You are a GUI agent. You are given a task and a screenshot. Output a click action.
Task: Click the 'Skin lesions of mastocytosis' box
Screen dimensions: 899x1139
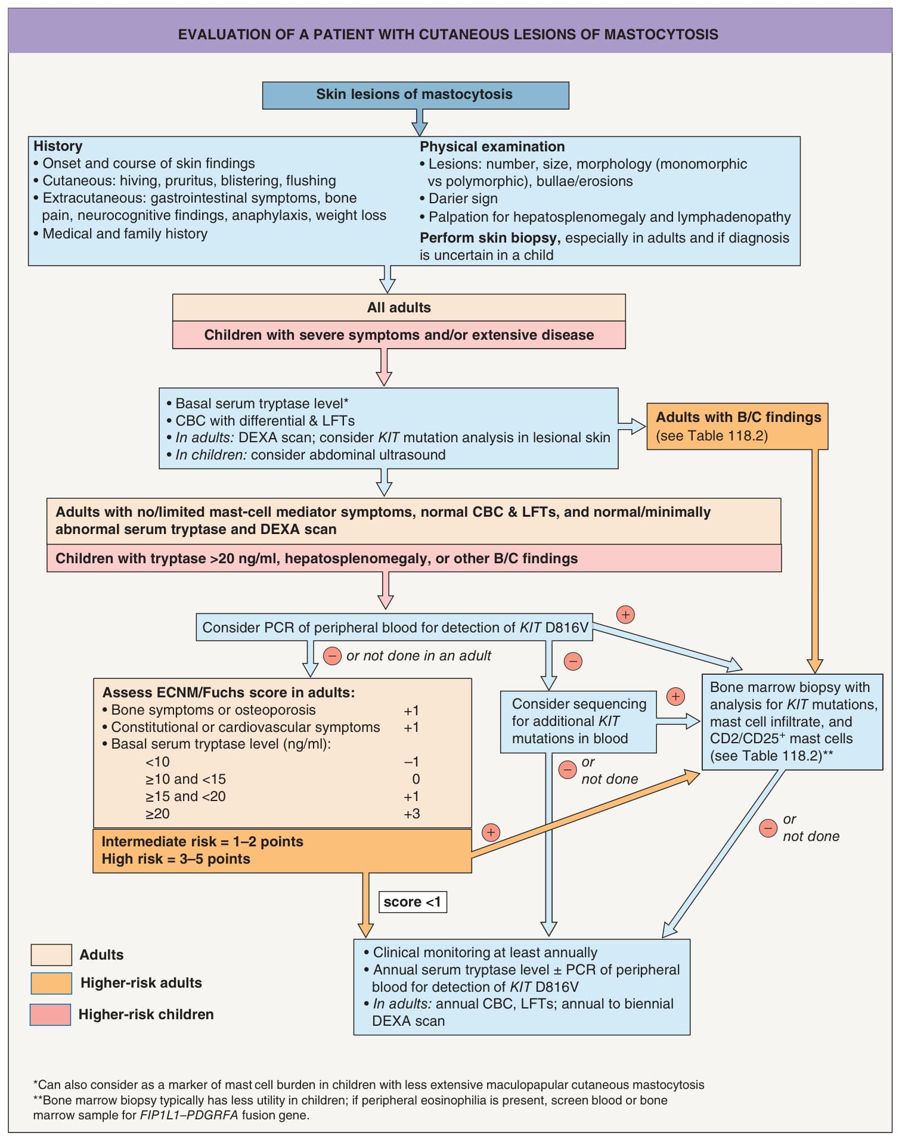(x=416, y=95)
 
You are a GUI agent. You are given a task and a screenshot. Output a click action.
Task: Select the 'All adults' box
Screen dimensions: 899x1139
(x=399, y=308)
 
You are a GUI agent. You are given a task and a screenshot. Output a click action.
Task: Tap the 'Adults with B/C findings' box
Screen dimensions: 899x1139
(x=737, y=426)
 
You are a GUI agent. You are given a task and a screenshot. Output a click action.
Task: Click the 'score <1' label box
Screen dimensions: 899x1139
(x=413, y=902)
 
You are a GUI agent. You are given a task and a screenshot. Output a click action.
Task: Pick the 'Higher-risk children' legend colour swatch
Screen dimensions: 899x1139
(x=50, y=1014)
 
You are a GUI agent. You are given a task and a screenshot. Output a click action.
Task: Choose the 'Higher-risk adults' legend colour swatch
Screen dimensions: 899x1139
(x=51, y=983)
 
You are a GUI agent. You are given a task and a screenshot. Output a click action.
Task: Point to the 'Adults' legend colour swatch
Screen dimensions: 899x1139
(x=51, y=954)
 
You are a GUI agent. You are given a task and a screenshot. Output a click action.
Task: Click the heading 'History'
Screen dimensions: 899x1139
(x=58, y=146)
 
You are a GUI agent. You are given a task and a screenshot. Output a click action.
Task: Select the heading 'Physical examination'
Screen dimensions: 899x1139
(x=492, y=147)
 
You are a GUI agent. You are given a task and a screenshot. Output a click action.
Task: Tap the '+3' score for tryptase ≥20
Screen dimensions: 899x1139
(x=412, y=814)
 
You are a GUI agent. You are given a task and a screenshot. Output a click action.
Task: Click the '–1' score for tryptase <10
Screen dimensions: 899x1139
(x=412, y=762)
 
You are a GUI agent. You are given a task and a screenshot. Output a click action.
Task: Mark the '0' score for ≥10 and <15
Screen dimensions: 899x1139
(x=416, y=779)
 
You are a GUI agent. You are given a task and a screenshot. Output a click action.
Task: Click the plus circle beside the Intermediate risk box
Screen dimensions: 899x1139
(x=491, y=832)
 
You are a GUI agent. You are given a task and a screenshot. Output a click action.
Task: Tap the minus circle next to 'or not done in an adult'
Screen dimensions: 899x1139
(x=332, y=656)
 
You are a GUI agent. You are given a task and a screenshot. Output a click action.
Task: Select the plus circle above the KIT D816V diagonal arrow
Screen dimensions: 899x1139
(x=625, y=614)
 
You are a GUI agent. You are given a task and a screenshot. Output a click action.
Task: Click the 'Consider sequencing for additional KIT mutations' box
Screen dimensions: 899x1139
(x=578, y=722)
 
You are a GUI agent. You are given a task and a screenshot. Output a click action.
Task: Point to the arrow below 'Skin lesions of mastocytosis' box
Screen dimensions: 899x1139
(x=420, y=123)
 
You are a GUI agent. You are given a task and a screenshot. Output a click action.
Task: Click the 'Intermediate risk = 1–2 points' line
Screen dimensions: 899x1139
(x=202, y=842)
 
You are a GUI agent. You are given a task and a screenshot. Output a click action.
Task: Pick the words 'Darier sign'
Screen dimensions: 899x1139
(x=463, y=198)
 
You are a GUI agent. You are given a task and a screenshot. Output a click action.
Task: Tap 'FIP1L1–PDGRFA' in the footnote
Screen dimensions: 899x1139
(x=189, y=1115)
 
